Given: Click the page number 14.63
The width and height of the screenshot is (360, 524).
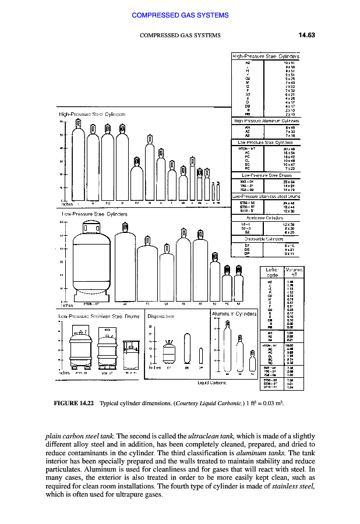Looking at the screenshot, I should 306,35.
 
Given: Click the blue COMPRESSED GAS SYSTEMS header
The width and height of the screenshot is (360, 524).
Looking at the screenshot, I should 179,14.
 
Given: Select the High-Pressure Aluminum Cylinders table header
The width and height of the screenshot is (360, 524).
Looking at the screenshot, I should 266,121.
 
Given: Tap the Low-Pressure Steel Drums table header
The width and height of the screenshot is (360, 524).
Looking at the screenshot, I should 266,174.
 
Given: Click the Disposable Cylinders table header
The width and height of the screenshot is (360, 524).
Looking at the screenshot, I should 266,238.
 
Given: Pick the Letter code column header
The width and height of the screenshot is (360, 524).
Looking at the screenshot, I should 271,272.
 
